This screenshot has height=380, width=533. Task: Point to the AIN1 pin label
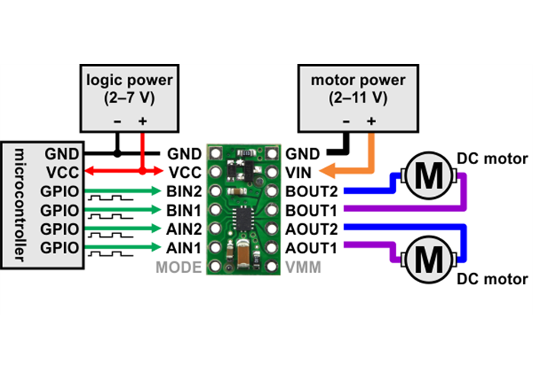click(x=184, y=248)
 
